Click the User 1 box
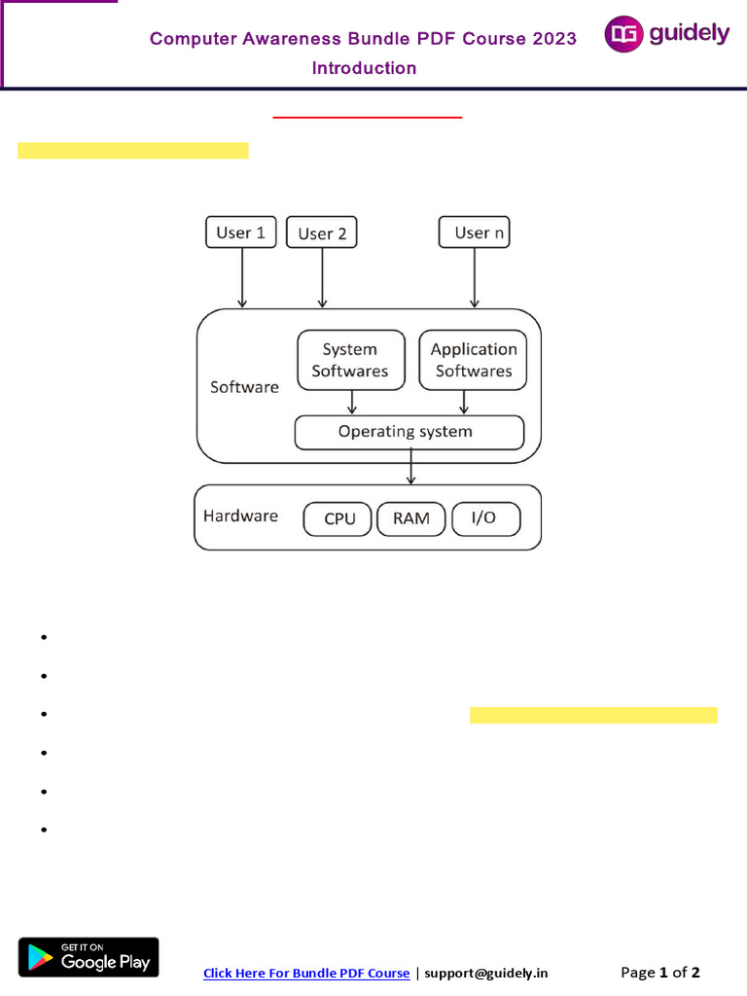(241, 232)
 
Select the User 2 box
(322, 233)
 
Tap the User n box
(474, 232)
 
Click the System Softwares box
(350, 360)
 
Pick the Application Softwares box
(474, 360)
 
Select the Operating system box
(409, 432)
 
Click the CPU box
(338, 518)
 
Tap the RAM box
(411, 518)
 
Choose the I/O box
(484, 518)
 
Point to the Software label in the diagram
(244, 387)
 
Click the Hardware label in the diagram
(240, 516)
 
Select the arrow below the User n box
(474, 278)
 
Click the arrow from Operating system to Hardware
(411, 467)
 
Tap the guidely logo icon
(622, 35)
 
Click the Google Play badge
(89, 957)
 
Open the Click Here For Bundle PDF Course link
(306, 973)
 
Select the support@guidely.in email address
(486, 973)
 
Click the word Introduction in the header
(364, 68)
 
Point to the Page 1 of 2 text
(660, 972)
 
